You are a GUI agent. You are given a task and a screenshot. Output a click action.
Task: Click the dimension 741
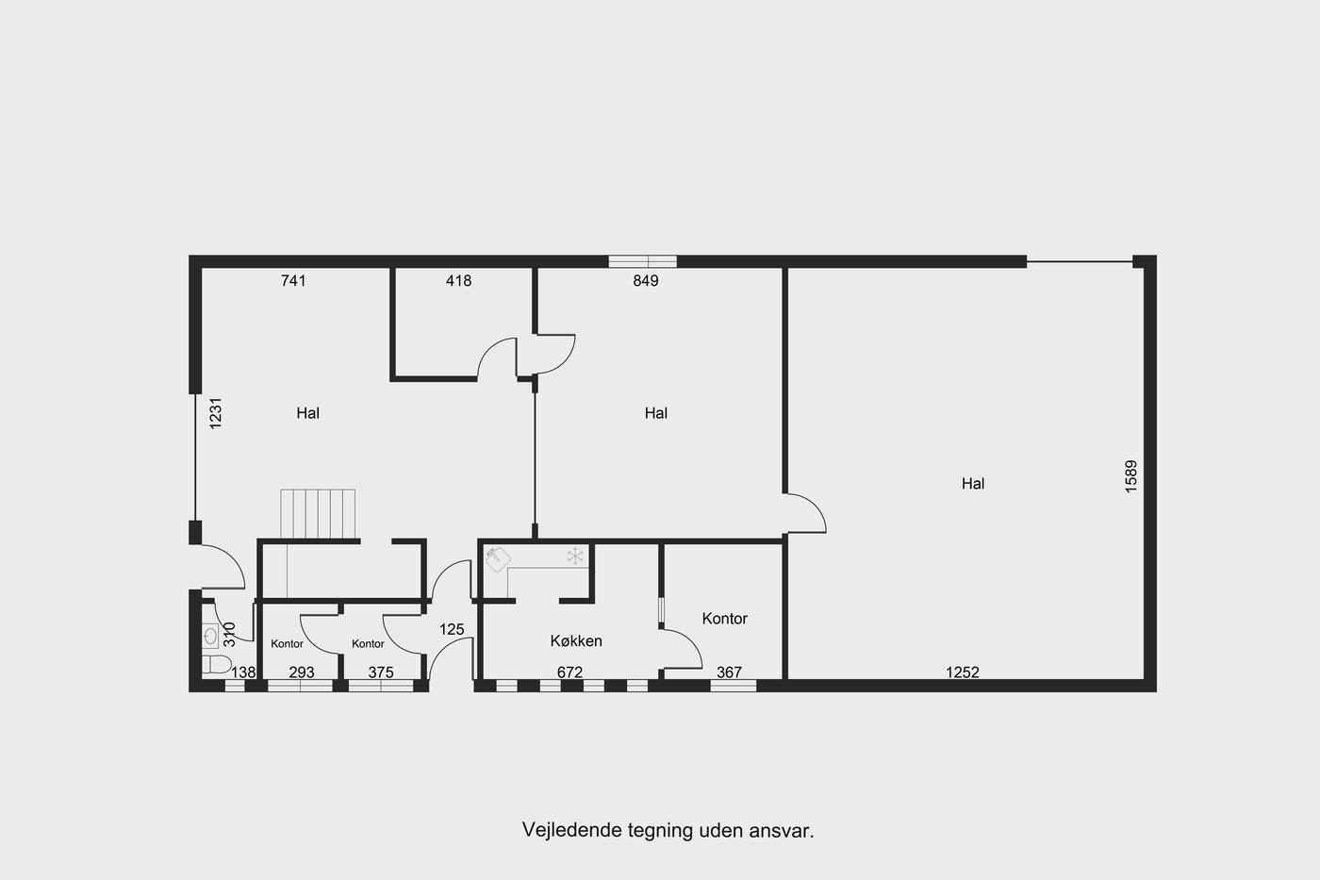click(293, 280)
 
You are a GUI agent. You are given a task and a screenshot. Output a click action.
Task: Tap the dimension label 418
click(458, 280)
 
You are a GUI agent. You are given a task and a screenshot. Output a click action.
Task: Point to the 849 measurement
click(646, 280)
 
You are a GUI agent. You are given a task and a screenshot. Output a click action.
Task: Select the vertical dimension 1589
click(1130, 476)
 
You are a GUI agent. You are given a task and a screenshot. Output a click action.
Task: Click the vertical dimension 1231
click(216, 413)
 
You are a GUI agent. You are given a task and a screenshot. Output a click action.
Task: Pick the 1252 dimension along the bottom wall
click(963, 672)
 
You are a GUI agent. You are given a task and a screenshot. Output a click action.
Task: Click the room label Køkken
click(576, 640)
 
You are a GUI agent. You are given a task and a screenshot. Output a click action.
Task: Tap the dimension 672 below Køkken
click(569, 672)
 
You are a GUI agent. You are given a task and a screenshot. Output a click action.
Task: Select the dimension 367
click(729, 672)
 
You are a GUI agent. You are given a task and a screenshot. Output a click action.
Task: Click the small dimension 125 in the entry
click(452, 629)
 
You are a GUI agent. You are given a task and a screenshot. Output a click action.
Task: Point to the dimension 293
click(302, 672)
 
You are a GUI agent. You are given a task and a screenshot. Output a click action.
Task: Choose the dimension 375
click(381, 672)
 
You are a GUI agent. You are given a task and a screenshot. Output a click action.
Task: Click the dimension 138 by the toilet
click(243, 672)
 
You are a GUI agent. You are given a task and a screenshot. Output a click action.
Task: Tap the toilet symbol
click(216, 664)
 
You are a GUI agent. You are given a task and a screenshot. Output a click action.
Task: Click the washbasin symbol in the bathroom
click(210, 636)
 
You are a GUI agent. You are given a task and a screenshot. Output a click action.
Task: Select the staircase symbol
click(318, 514)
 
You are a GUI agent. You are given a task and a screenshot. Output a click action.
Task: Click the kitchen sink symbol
click(499, 559)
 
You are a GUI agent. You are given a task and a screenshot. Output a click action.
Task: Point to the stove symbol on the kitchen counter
click(574, 556)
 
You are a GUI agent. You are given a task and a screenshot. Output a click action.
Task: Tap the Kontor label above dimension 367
click(725, 619)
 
